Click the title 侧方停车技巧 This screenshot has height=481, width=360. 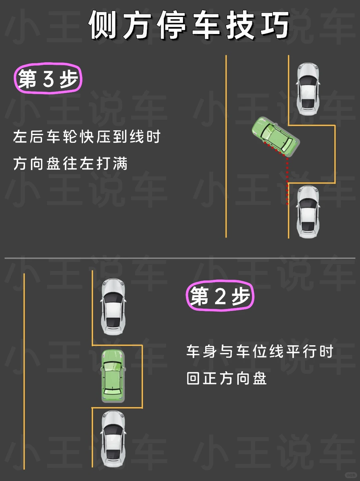tap(189, 25)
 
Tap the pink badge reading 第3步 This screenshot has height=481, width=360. tap(48, 79)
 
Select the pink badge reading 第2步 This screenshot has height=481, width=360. tap(220, 296)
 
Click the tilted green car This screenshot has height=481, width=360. tap(275, 136)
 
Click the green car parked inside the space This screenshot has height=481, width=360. tap(113, 376)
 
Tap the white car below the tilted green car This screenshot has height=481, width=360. tap(308, 212)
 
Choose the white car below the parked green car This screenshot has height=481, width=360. tap(113, 439)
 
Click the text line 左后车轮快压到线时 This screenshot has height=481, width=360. tap(87, 137)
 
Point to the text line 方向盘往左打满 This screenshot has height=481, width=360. tap(70, 164)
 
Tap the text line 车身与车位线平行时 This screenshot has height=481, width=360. tap(260, 351)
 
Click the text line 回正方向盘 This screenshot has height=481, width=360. tap(227, 379)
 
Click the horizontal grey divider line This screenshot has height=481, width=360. tap(180, 258)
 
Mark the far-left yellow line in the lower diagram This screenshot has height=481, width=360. tap(24, 370)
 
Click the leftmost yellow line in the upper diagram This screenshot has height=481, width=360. tap(226, 147)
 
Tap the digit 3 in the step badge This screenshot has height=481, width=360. tap(48, 79)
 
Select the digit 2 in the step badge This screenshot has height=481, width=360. tap(220, 296)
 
